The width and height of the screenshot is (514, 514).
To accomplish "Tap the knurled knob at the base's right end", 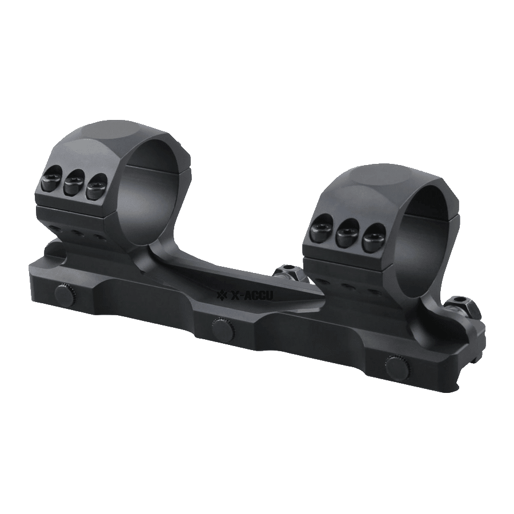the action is point(397,366).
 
